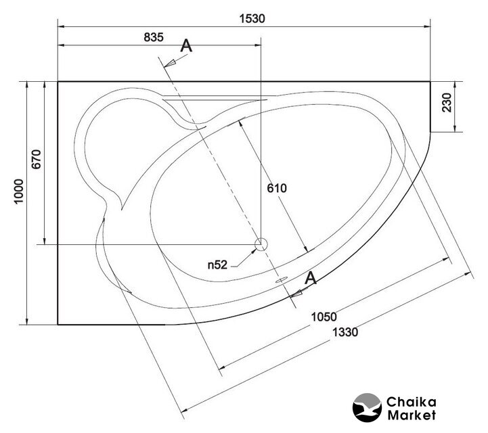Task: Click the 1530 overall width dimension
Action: [x=252, y=19]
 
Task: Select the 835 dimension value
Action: [x=154, y=37]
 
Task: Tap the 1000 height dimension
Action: [x=19, y=191]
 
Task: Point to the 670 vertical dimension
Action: [x=37, y=159]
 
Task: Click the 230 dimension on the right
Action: [x=447, y=103]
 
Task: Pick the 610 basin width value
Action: [x=277, y=188]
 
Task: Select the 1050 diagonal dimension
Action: [x=324, y=317]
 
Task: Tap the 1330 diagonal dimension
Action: [x=345, y=332]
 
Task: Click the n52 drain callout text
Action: [x=217, y=265]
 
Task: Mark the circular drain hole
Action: [x=261, y=244]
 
